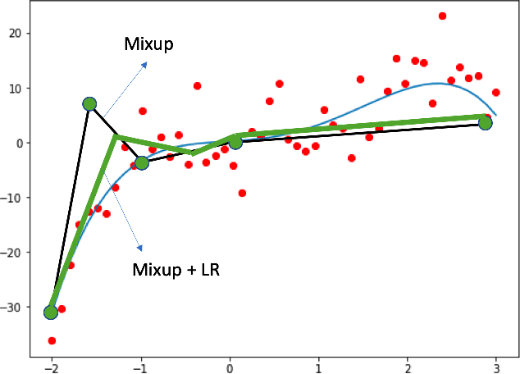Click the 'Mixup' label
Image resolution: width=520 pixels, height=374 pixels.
148,44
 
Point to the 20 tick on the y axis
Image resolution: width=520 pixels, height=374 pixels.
14,34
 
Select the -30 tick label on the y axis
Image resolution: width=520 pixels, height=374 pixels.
11,308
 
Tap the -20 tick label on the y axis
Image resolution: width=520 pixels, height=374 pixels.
11,253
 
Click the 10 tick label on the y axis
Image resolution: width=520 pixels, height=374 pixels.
14,89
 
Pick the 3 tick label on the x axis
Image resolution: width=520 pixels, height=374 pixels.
496,366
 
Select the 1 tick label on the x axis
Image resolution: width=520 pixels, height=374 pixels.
318,366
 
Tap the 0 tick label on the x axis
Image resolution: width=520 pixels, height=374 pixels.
230,366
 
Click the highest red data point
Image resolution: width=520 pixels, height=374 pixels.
442,16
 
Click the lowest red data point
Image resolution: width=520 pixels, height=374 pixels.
52,340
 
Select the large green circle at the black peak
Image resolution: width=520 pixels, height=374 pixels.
89,104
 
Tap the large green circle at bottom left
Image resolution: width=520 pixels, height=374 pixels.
51,312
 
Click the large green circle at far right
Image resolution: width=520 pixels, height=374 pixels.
485,123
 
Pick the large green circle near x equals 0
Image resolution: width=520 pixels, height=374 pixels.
235,142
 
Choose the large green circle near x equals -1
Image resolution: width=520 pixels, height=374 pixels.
142,162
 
